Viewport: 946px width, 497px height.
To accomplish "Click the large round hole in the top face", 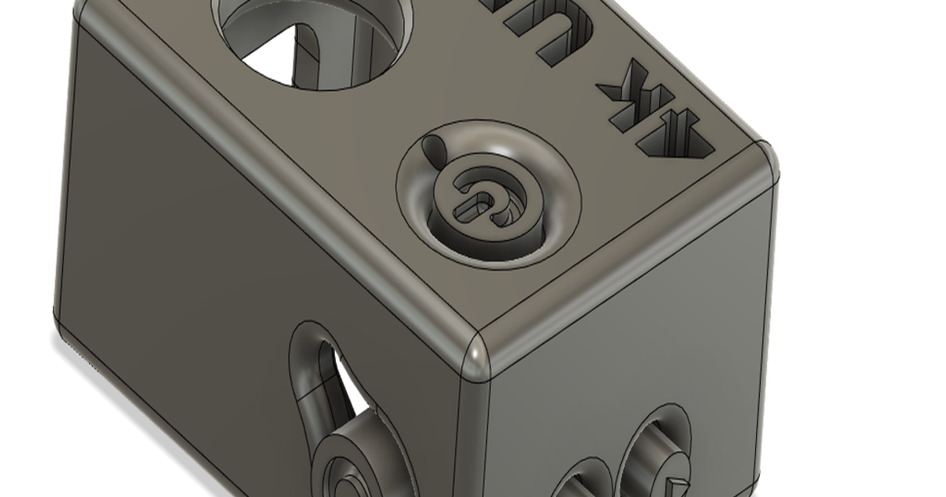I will coord(315,39).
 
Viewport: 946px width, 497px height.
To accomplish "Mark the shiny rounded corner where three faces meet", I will coord(478,360).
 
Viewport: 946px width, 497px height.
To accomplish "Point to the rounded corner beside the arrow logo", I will coord(762,162).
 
